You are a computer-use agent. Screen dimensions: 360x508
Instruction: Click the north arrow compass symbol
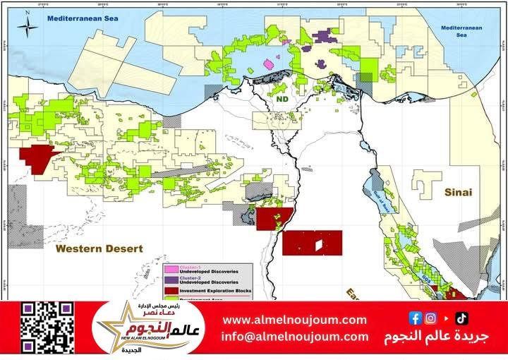pyautogui.click(x=27, y=26)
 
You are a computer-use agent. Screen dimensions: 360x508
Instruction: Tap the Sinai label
pyautogui.click(x=456, y=192)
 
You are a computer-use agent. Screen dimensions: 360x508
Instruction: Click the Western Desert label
pyautogui.click(x=99, y=249)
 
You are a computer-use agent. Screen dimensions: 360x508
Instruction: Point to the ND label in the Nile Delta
pyautogui.click(x=283, y=100)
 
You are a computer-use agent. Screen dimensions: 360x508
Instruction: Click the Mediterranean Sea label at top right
pyautogui.click(x=459, y=30)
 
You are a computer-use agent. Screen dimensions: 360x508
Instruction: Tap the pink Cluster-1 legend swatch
pyautogui.click(x=170, y=269)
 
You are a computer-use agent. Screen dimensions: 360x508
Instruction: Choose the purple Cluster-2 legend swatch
pyautogui.click(x=170, y=280)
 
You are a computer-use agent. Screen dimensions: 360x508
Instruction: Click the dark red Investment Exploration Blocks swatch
pyautogui.click(x=170, y=291)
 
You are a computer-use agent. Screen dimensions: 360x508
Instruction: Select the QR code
pyautogui.click(x=47, y=328)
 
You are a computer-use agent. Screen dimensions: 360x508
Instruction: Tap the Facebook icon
pyautogui.click(x=415, y=318)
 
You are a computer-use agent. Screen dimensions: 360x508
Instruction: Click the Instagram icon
pyautogui.click(x=430, y=318)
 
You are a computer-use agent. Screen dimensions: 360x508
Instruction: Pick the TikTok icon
pyautogui.click(x=461, y=318)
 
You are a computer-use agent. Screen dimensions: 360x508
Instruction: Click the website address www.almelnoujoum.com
pyautogui.click(x=295, y=320)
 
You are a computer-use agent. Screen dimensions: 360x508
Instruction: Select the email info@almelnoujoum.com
pyautogui.click(x=295, y=337)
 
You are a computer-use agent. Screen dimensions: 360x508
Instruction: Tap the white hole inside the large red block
pyautogui.click(x=320, y=246)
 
